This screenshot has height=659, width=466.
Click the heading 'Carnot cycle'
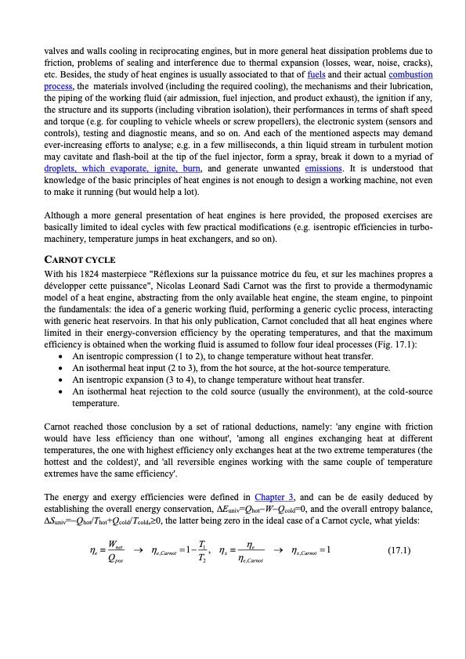(x=80, y=259)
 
